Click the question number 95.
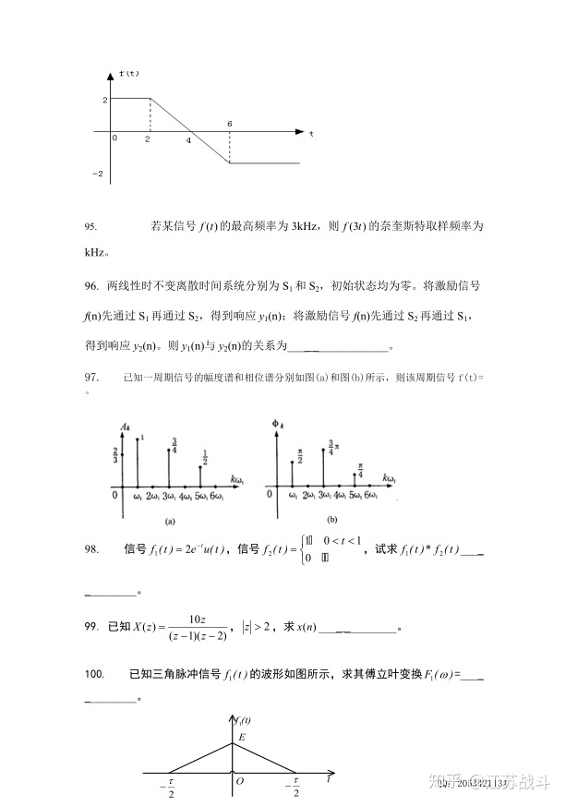pyautogui.click(x=90, y=226)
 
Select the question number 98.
pyautogui.click(x=90, y=549)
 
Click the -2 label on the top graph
pyautogui.click(x=97, y=173)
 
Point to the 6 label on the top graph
pyautogui.click(x=229, y=123)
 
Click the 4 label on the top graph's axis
pyautogui.click(x=188, y=141)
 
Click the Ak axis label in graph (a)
pyautogui.click(x=126, y=424)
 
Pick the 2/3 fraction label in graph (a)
pyautogui.click(x=114, y=454)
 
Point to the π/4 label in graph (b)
pyautogui.click(x=361, y=470)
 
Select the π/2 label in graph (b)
pyautogui.click(x=300, y=455)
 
